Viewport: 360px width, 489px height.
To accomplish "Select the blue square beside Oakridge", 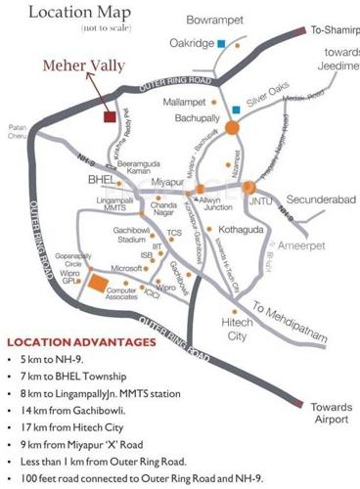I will pos(223,43).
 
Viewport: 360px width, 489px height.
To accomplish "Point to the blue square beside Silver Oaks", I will pos(237,109).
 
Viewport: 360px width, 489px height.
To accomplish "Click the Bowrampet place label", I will pos(217,17).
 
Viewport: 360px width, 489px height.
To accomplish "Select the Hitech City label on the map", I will pos(239,328).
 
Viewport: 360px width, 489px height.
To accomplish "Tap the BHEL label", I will pos(101,181).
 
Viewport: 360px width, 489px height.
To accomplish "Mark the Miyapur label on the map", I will pos(168,182).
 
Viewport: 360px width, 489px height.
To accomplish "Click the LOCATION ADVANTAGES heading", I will pos(80,343).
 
